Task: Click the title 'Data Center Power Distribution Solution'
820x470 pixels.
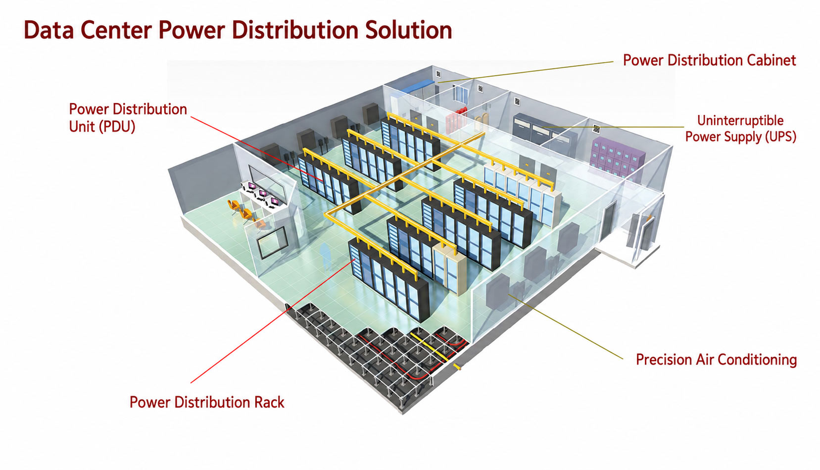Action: pyautogui.click(x=238, y=30)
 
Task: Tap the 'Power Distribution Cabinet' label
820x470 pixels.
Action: pyautogui.click(x=710, y=60)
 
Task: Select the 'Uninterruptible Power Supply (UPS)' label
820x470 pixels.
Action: pyautogui.click(x=740, y=129)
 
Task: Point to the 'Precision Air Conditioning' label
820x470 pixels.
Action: pyautogui.click(x=717, y=360)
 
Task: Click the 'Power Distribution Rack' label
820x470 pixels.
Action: pyautogui.click(x=207, y=402)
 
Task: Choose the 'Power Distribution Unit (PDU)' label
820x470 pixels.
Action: pyautogui.click(x=128, y=118)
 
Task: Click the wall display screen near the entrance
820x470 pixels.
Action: pyautogui.click(x=272, y=242)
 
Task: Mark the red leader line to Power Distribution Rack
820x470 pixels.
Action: pyautogui.click(x=273, y=321)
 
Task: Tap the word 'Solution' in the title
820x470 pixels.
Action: pyautogui.click(x=409, y=30)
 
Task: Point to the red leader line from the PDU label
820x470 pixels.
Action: pyautogui.click(x=257, y=149)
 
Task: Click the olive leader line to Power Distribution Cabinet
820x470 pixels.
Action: pyautogui.click(x=526, y=72)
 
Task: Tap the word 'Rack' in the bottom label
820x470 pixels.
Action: pyautogui.click(x=269, y=402)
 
